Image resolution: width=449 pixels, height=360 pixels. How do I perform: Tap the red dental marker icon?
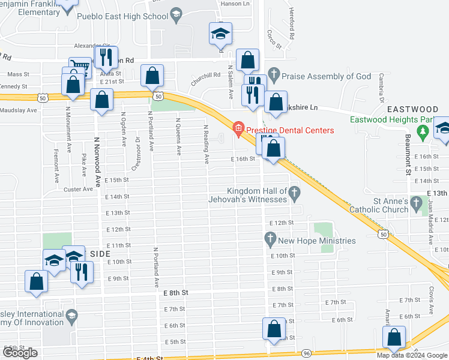click(x=238, y=128)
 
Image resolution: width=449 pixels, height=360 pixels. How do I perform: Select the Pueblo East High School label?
click(x=130, y=16)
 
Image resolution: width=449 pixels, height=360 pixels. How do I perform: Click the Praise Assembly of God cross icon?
click(x=274, y=76)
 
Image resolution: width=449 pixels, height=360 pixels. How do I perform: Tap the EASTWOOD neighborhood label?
click(x=412, y=109)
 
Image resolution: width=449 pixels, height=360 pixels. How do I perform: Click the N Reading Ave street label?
click(x=206, y=145)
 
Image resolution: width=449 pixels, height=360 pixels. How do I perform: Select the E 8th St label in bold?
click(x=176, y=292)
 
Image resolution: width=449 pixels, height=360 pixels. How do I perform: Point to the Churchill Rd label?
click(x=206, y=76)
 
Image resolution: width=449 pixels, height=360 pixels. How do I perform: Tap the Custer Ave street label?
click(x=79, y=189)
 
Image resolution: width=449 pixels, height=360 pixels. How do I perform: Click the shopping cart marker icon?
click(x=80, y=66)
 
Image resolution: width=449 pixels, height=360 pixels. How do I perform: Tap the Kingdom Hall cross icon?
click(x=294, y=193)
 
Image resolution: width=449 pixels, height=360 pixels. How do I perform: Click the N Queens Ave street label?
click(x=178, y=137)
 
